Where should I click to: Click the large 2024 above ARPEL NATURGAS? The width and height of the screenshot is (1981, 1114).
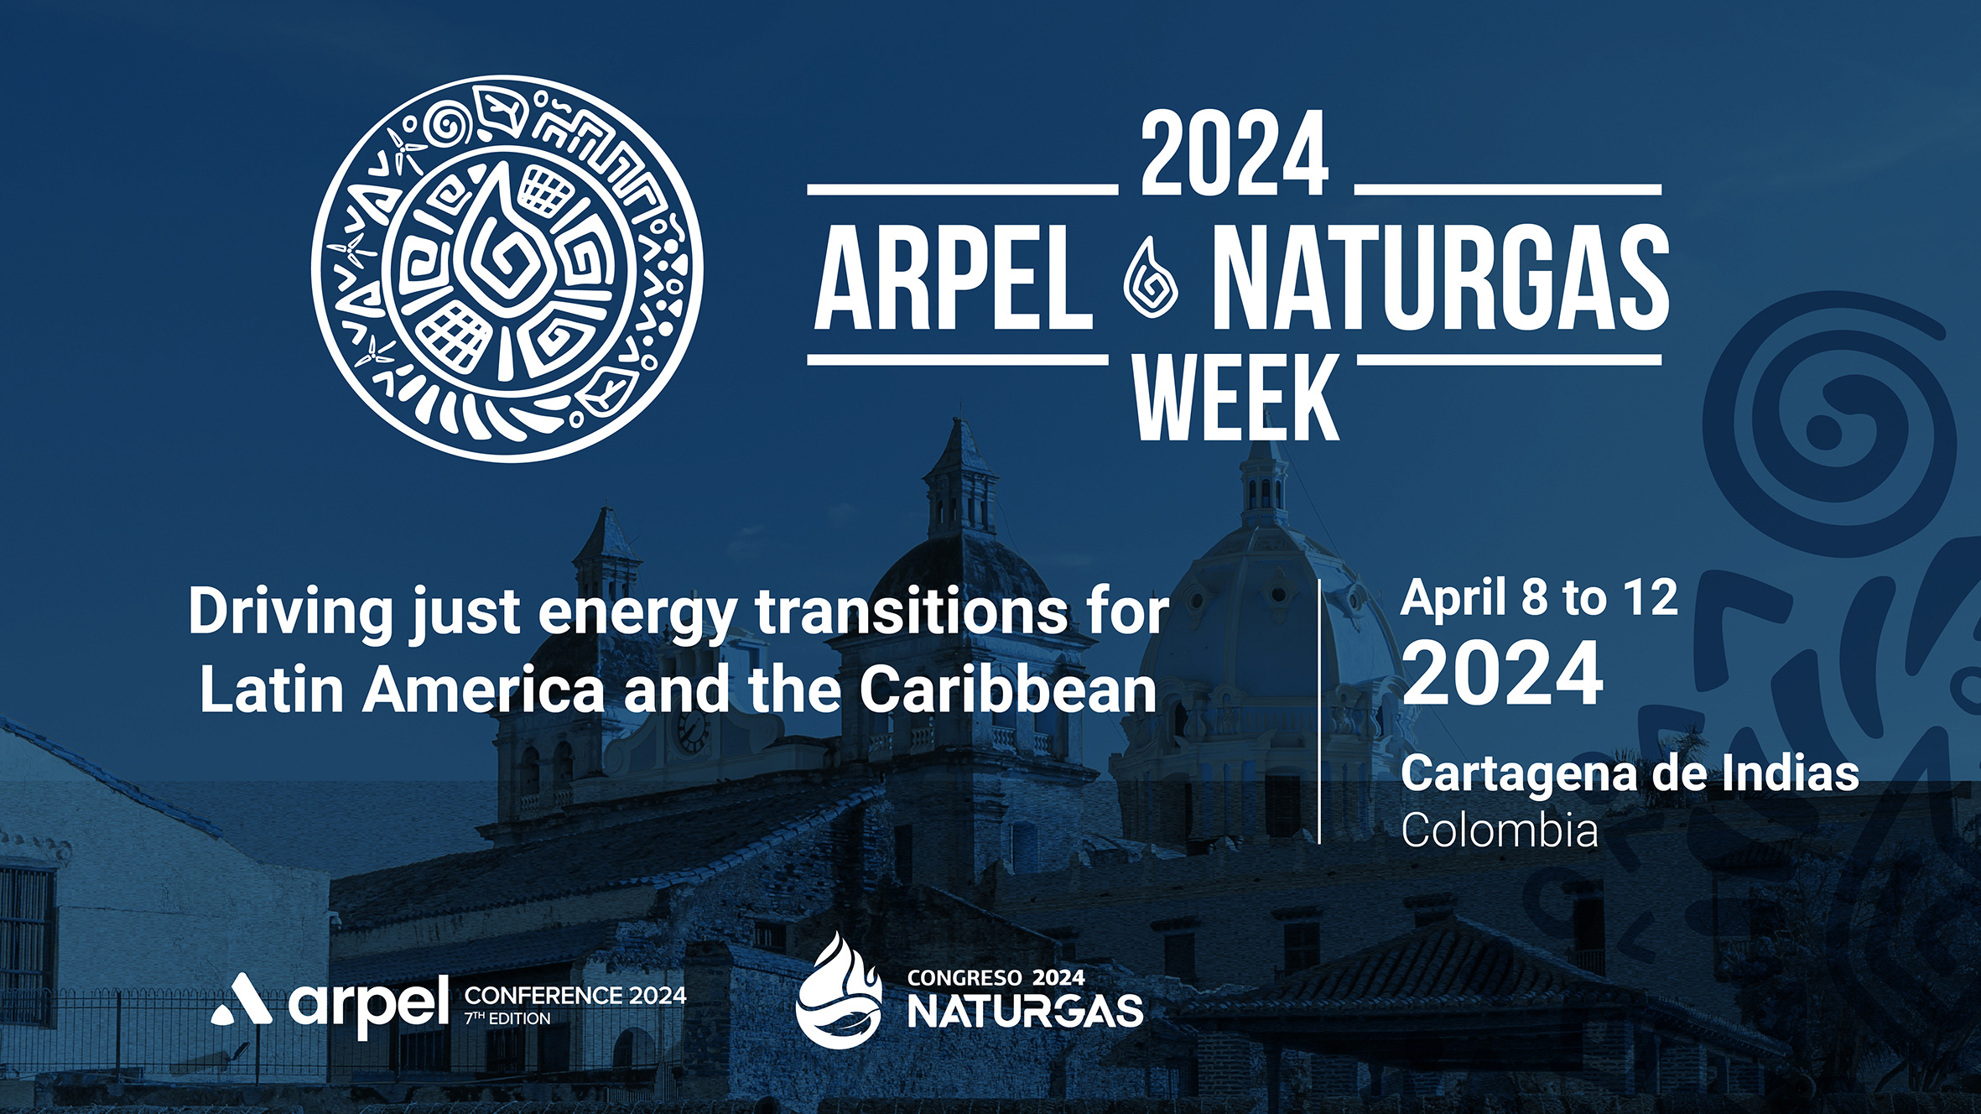1235,156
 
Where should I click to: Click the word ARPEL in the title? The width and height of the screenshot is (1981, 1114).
954,278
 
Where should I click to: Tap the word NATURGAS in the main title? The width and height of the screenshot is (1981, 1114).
1440,278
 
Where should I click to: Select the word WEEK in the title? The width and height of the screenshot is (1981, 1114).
1236,398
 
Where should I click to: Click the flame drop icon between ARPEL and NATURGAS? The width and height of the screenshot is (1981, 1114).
1151,278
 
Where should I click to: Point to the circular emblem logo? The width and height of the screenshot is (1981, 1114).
507,268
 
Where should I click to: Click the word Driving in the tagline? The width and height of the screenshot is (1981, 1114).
290,612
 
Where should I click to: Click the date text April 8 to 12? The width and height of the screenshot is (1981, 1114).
1539,599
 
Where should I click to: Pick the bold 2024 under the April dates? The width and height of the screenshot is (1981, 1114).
1502,674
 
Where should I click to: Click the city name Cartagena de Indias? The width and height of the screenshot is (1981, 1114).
1630,773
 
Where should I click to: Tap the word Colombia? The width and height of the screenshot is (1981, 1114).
1500,830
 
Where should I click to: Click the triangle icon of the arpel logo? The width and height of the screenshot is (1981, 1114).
242,1000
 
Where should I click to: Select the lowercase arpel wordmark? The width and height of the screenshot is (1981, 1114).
369,1003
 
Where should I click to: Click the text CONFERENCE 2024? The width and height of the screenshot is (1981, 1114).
575,996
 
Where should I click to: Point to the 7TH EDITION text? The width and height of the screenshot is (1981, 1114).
508,1019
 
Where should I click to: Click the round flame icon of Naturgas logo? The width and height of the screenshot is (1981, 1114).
838,992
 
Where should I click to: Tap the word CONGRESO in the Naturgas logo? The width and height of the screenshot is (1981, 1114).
965,978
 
